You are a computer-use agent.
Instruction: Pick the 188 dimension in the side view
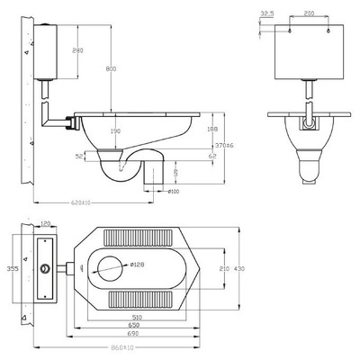pyautogui.click(x=212, y=129)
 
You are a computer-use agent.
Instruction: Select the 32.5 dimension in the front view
pyautogui.click(x=266, y=13)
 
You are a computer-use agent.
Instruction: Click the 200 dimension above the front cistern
pyautogui.click(x=309, y=13)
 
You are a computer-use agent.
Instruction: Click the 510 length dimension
pyautogui.click(x=136, y=317)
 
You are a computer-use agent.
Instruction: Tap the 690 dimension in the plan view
pyautogui.click(x=136, y=334)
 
